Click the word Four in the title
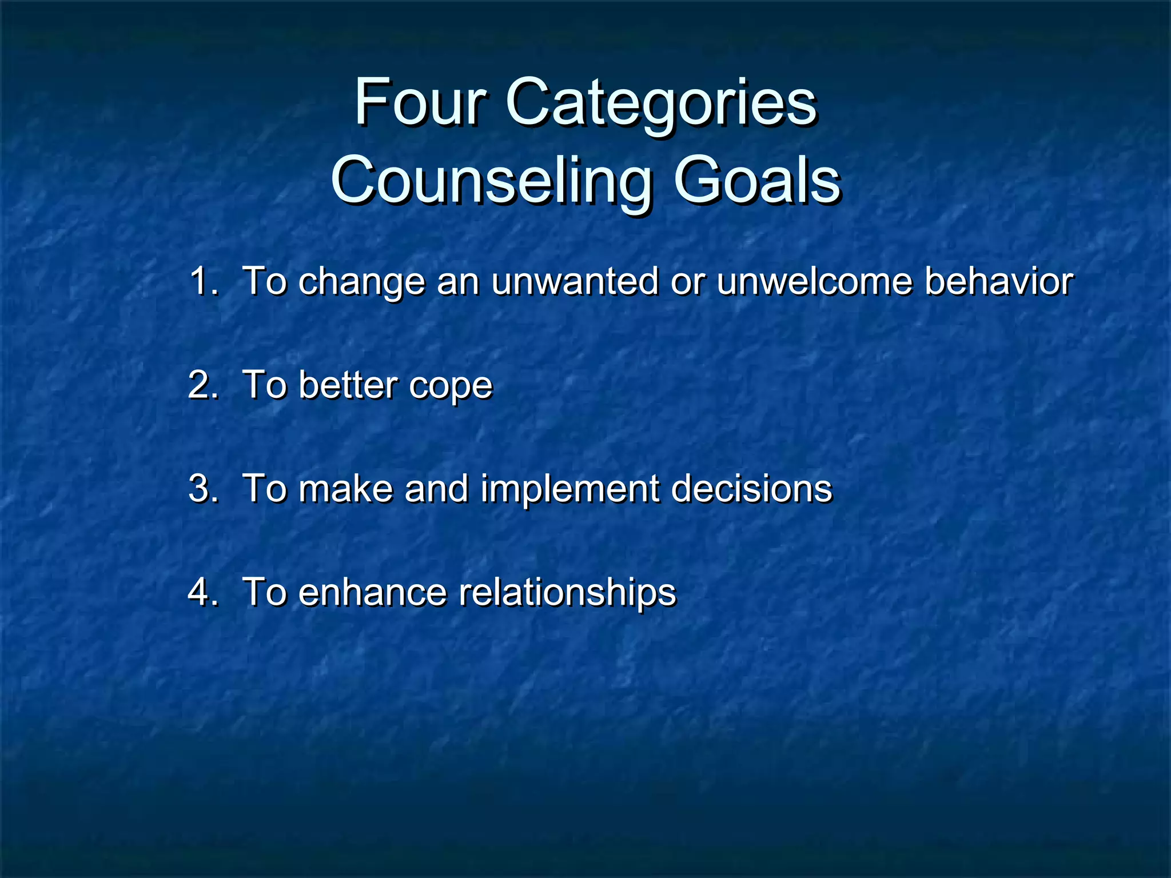coord(420,103)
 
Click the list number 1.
coord(202,281)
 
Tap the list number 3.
coord(202,489)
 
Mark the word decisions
coord(751,489)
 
